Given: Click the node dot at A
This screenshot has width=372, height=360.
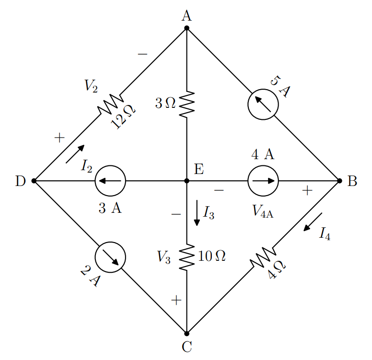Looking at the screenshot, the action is point(186,28).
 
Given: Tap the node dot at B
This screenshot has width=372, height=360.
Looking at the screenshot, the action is point(339,181).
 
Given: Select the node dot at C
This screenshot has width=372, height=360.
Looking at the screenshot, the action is point(186,334).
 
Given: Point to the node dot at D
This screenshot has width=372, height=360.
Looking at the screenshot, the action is point(34,181).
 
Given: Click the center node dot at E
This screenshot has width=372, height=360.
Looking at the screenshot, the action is point(186,181).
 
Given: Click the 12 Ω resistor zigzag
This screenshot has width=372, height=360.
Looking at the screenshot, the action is point(110,105).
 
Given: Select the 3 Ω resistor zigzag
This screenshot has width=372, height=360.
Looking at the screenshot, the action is point(186,105).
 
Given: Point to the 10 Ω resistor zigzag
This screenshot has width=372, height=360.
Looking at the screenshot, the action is point(186,257).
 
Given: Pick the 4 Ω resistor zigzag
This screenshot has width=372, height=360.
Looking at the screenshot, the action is point(263,257).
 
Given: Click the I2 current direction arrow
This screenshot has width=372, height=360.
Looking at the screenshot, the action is point(75,154).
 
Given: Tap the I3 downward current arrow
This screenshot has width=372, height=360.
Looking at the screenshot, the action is point(197,213).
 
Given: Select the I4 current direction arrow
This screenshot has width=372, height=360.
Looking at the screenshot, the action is point(313,222).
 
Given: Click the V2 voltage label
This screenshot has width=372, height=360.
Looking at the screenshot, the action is point(91,86).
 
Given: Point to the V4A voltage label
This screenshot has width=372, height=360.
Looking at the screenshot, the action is point(263,211).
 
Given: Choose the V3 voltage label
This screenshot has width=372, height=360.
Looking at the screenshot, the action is point(163,257).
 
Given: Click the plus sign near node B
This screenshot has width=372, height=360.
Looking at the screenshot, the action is point(307,190).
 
